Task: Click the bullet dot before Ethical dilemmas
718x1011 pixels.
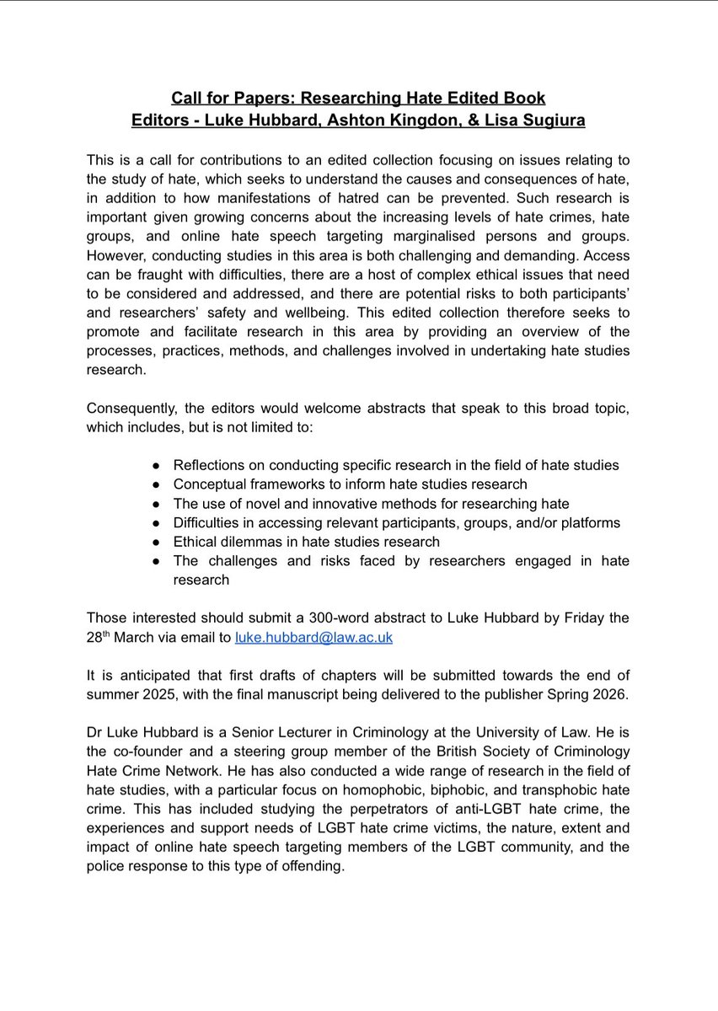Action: (157, 542)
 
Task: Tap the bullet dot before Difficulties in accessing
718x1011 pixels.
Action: (157, 522)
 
